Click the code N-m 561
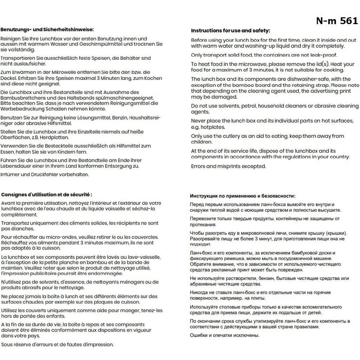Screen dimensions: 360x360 (x=337, y=21)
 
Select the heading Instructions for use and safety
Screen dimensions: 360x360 (x=230, y=31)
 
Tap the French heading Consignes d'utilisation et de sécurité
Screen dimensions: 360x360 (x=46, y=194)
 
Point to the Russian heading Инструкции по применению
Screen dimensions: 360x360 (x=243, y=196)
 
